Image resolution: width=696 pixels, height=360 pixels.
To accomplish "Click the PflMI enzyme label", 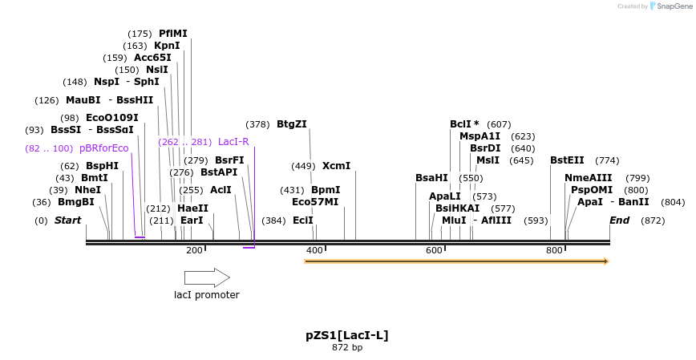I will coord(172,34).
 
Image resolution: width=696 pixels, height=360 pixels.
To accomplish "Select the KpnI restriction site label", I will coord(167,46).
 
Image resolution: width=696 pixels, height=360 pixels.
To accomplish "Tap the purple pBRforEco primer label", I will coord(103,148).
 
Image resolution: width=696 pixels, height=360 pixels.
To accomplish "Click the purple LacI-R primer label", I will coord(233,142).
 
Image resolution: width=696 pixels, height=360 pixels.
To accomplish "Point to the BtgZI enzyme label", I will coord(291,124).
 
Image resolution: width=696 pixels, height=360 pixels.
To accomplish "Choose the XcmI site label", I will coord(336,166).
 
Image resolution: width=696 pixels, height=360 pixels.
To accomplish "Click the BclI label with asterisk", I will coord(464,124).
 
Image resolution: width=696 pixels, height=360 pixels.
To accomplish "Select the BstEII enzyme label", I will coord(567,160).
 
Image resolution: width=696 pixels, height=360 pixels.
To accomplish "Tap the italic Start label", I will coord(68,220).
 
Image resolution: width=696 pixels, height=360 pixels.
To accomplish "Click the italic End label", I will coord(619,220).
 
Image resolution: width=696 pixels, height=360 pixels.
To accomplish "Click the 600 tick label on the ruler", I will coord(434,251).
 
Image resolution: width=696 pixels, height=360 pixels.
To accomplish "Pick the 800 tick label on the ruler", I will coord(554,251).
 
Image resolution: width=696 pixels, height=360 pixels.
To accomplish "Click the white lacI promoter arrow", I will coord(207,277).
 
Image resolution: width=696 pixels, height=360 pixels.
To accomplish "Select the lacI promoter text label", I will coord(207,295).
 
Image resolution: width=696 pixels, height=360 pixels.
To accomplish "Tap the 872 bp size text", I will coord(347,348).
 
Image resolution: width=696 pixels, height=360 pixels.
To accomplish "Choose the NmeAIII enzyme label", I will coord(588,178).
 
